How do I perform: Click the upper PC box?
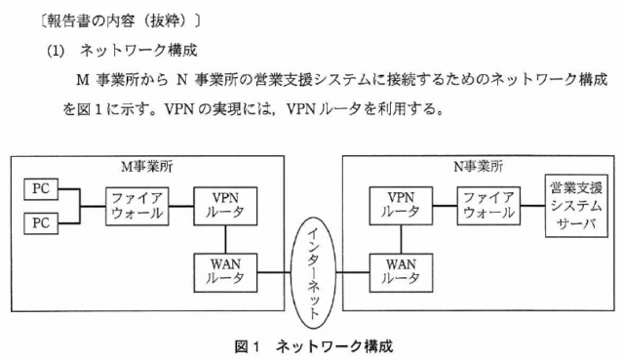[41, 188]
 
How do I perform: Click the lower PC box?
[41, 223]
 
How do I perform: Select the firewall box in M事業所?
[136, 206]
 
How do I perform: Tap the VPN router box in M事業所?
[225, 206]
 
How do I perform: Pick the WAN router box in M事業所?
[225, 273]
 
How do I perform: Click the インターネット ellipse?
[313, 273]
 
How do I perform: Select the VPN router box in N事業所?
[401, 206]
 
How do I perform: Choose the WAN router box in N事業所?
[401, 273]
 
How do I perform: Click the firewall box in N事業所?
[488, 206]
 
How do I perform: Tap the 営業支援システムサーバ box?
[576, 206]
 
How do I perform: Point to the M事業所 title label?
[147, 167]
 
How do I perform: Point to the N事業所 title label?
[478, 167]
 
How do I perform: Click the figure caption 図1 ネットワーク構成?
[314, 346]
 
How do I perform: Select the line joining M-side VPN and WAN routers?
[225, 240]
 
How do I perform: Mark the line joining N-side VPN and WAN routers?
[401, 239]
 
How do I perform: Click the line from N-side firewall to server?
[533, 206]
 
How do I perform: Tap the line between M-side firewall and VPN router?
[181, 206]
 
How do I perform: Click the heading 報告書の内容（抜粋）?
[120, 20]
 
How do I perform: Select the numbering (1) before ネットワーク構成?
[56, 51]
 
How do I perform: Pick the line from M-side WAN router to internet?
[274, 273]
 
